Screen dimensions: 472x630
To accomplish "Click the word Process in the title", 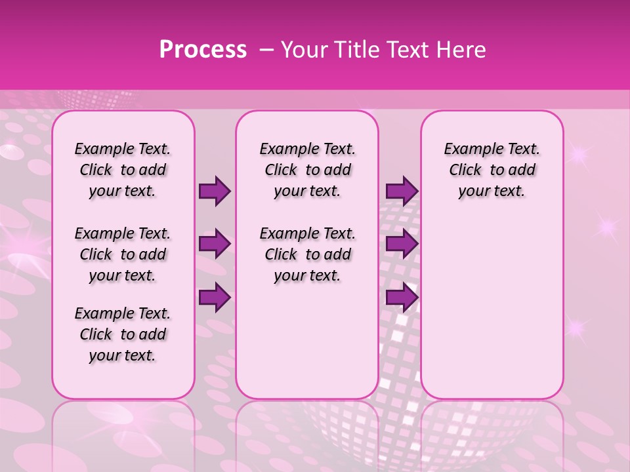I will [203, 50].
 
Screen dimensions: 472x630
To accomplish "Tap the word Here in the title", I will [463, 50].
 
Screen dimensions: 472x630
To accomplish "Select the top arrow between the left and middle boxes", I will [215, 191].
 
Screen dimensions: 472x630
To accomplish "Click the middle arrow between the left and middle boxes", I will [215, 245].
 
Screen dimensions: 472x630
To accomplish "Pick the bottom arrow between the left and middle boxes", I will [215, 298].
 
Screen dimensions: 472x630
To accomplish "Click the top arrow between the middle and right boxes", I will [402, 191].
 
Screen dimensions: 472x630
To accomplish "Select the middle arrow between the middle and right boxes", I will [402, 245].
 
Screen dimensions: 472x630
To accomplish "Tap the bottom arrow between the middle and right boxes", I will [402, 298].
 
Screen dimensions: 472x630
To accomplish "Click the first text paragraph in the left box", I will [123, 170].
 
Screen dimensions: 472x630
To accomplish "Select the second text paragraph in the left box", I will [123, 254].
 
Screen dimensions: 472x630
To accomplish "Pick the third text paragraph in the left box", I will [123, 334].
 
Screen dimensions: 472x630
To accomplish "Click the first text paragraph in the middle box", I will [307, 170].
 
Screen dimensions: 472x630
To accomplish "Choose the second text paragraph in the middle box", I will [307, 254].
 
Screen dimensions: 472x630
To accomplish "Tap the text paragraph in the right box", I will [492, 170].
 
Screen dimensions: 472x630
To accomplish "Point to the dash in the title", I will [267, 50].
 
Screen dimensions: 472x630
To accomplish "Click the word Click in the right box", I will [465, 170].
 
